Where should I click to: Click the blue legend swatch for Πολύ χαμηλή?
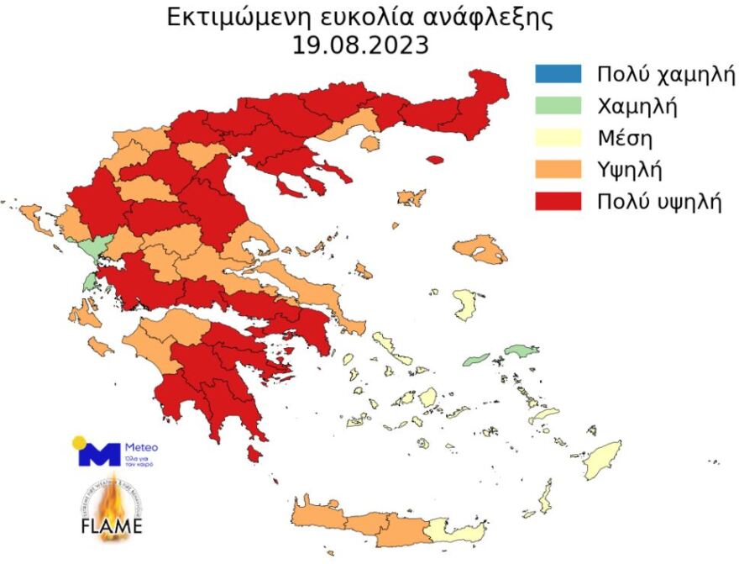pos(557,73)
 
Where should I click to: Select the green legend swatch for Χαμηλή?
pos(557,105)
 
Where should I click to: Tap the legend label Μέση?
pos(625,137)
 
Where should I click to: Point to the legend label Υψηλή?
pos(630,170)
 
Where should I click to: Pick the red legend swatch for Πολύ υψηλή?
pos(557,202)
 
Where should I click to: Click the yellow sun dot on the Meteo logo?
pos(80,442)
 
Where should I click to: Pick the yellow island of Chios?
pos(464,304)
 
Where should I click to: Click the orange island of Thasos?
pos(369,144)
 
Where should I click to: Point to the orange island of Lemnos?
pos(411,198)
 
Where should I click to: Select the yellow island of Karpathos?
pos(545,497)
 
